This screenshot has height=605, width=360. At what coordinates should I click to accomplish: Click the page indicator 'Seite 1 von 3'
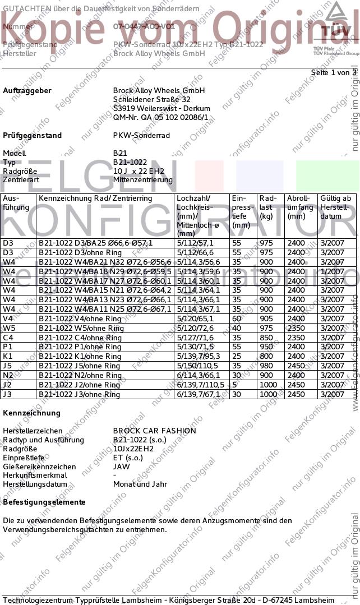pos(334,73)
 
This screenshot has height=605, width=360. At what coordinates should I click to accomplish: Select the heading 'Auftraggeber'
pos(27,90)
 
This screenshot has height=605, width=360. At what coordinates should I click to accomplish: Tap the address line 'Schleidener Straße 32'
pos(151,99)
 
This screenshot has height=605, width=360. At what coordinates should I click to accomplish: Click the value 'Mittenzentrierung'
pos(143,180)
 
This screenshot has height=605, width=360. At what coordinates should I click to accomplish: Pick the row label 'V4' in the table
pos(8,318)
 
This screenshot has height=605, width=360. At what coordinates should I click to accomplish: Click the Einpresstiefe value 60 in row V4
pos(237,318)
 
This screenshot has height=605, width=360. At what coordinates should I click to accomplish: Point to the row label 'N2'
pos(8,376)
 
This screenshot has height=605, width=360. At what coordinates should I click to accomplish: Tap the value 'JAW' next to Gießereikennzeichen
pos(122,466)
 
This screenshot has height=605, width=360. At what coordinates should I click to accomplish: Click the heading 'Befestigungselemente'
pos(44,502)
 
